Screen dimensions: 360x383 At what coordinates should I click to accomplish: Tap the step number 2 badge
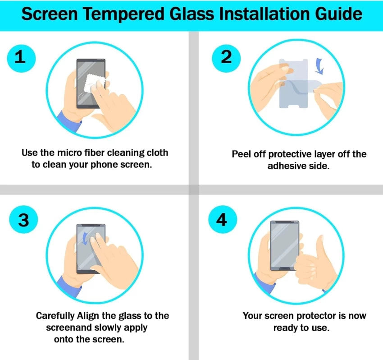tap(226, 57)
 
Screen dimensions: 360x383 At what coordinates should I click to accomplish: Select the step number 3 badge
tap(23, 220)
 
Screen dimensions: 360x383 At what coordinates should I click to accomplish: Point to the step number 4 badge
tap(222, 220)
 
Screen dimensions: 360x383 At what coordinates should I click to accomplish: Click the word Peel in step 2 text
tap(241, 154)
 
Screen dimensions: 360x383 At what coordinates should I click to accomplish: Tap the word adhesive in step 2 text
tap(287, 166)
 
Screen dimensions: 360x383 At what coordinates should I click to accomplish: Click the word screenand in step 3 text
tap(67, 327)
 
